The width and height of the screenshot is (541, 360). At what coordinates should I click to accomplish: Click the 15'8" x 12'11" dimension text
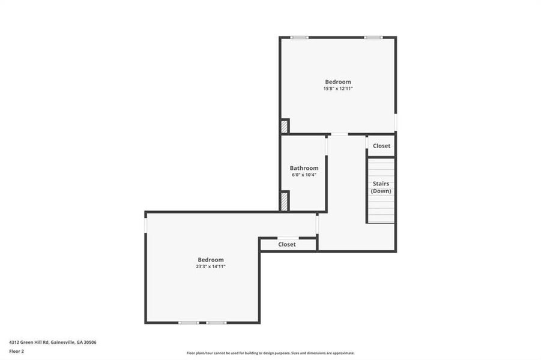tap(338, 89)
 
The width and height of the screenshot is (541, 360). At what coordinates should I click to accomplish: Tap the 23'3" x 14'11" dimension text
tap(211, 266)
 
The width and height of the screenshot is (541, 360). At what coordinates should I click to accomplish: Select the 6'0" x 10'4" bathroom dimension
tap(303, 175)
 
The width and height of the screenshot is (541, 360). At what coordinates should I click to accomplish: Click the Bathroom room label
tap(304, 168)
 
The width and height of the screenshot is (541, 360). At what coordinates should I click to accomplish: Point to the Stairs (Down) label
tap(381, 187)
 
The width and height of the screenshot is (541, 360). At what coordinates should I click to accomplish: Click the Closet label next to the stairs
tap(381, 146)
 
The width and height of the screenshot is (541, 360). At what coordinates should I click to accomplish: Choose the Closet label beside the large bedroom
tap(287, 244)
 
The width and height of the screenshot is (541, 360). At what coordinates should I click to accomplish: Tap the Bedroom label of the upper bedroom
tap(338, 82)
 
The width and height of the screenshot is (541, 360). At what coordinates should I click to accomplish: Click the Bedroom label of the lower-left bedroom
tap(211, 259)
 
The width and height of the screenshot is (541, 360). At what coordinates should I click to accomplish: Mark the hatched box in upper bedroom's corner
tap(284, 127)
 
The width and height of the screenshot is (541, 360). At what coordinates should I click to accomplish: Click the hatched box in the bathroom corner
tap(285, 200)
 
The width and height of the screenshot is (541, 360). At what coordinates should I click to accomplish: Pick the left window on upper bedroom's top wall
tap(300, 38)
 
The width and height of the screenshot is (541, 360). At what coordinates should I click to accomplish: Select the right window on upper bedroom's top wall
tap(373, 38)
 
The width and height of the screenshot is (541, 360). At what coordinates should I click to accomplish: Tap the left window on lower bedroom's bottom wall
tap(189, 323)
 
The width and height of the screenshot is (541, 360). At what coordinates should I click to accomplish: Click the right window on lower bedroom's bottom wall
tap(216, 323)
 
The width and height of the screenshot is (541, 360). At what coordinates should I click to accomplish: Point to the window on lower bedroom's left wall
tap(145, 223)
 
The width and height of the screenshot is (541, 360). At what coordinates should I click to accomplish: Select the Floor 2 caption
tap(16, 352)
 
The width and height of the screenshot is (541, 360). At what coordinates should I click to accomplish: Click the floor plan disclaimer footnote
tap(270, 353)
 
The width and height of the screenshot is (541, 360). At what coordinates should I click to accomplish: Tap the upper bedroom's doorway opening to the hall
tap(339, 134)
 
